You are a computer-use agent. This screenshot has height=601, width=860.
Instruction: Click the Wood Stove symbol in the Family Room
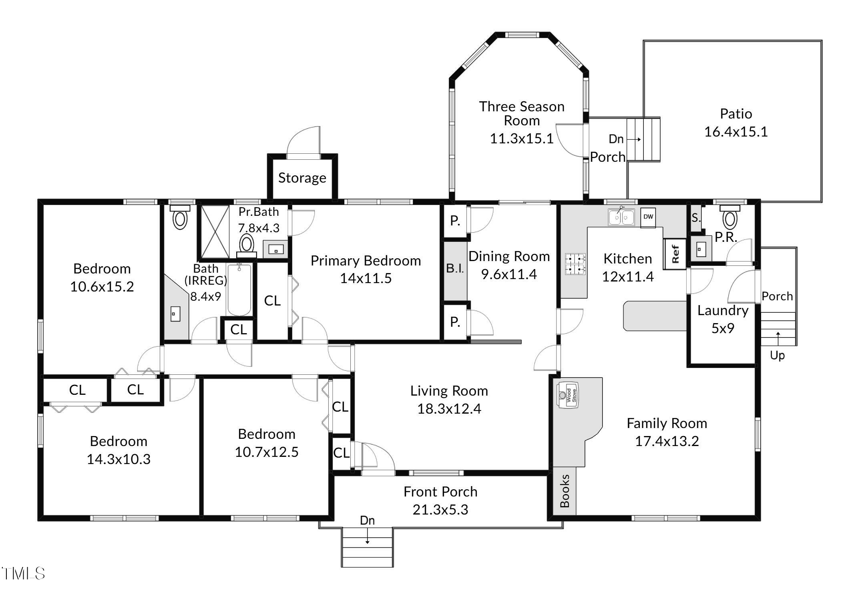coord(568,395)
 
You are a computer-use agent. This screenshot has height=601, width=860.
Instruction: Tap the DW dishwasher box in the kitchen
coord(648,217)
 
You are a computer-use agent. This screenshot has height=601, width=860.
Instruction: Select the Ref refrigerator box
coord(675,254)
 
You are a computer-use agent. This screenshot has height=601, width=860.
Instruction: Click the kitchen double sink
coord(621,217)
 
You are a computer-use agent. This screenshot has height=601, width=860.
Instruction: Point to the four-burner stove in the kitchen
coord(575,264)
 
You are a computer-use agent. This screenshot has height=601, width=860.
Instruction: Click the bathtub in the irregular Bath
coord(239,290)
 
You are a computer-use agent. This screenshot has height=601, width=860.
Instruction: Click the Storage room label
coord(302,178)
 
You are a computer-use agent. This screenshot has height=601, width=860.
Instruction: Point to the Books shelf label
coord(565,491)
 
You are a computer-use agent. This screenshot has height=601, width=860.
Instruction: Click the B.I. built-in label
coord(455,268)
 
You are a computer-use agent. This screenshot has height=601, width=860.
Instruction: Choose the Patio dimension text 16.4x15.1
coord(736,132)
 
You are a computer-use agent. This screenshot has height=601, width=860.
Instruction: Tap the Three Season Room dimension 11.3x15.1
coord(521,139)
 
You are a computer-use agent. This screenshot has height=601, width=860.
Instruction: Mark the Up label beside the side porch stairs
coord(777,356)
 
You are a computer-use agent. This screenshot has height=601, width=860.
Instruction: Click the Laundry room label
coord(723,310)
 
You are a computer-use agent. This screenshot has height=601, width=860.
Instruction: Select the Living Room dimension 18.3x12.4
coord(449,409)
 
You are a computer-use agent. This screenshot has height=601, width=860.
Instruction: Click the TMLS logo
coord(23,573)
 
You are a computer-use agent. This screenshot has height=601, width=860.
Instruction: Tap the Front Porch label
coord(440,492)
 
